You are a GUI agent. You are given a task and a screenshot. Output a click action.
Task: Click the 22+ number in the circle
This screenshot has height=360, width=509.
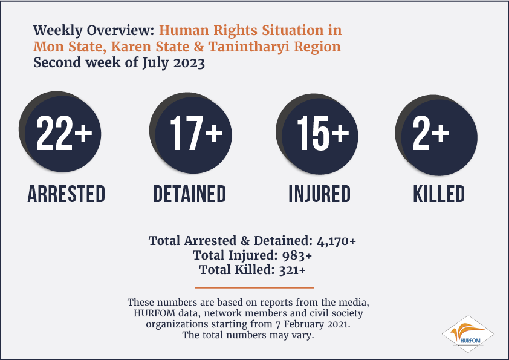click(64, 133)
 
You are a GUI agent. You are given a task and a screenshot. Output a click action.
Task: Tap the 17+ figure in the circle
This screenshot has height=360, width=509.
click(196, 133)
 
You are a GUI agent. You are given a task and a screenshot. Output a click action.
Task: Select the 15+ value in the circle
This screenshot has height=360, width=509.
click(323, 133)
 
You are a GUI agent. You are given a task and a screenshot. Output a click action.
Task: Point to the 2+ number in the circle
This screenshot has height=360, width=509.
click(431, 133)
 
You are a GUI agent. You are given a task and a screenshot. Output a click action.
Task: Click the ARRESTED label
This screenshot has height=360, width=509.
click(66, 194)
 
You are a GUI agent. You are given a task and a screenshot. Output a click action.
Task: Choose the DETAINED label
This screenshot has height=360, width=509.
click(190, 194)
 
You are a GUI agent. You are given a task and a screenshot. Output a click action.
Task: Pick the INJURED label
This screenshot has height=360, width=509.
click(320, 194)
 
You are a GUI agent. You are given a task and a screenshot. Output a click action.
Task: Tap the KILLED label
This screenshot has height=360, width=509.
click(439, 194)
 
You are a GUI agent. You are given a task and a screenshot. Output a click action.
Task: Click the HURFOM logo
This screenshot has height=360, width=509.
click(468, 334)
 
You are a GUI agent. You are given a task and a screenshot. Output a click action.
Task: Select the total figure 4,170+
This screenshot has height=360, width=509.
click(336, 241)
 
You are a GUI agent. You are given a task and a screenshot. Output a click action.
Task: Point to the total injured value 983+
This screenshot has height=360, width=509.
click(297, 256)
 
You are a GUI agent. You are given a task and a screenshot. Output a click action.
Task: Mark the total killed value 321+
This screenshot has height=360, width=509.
click(293, 270)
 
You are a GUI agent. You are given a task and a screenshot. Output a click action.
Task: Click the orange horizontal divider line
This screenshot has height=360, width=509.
click(254, 287)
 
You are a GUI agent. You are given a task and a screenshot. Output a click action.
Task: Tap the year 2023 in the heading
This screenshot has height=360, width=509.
click(189, 63)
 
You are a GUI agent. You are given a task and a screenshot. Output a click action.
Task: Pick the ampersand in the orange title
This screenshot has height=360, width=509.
click(199, 47)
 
